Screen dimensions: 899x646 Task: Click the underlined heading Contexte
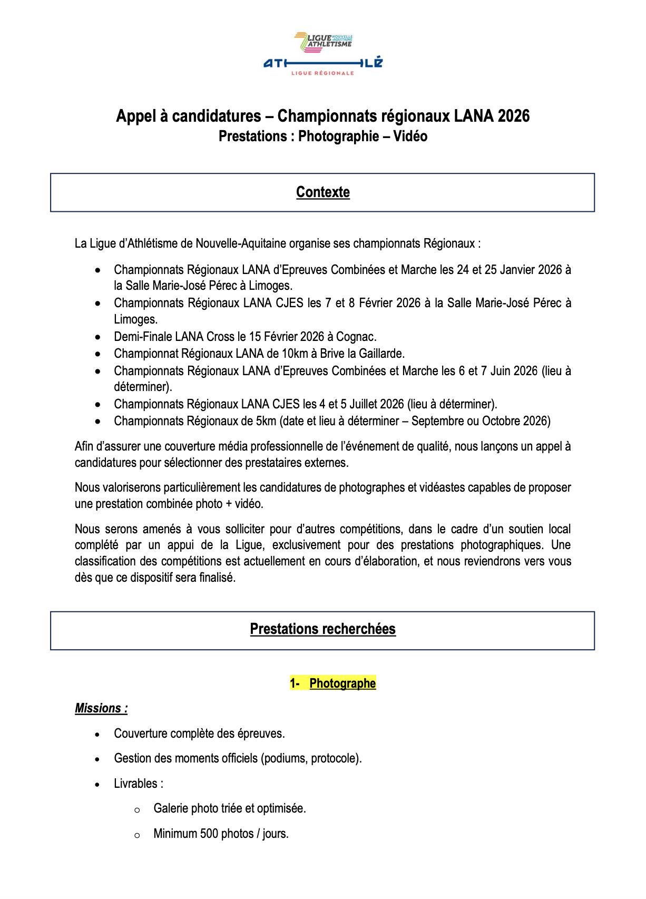click(x=322, y=192)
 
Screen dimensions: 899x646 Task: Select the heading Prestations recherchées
click(x=322, y=629)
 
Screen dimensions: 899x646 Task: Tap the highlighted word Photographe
click(x=342, y=683)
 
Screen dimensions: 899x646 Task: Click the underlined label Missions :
click(x=101, y=708)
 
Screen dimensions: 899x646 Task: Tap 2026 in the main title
click(x=513, y=116)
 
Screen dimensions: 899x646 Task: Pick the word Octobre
click(x=500, y=421)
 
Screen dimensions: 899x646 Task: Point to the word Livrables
click(x=135, y=784)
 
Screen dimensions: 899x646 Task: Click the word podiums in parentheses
click(x=285, y=758)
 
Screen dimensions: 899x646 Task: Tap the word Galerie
click(x=170, y=808)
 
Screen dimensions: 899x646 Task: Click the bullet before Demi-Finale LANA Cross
click(x=97, y=337)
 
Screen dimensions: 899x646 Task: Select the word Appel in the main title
click(x=135, y=116)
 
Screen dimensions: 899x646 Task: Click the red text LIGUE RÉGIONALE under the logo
click(x=322, y=73)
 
